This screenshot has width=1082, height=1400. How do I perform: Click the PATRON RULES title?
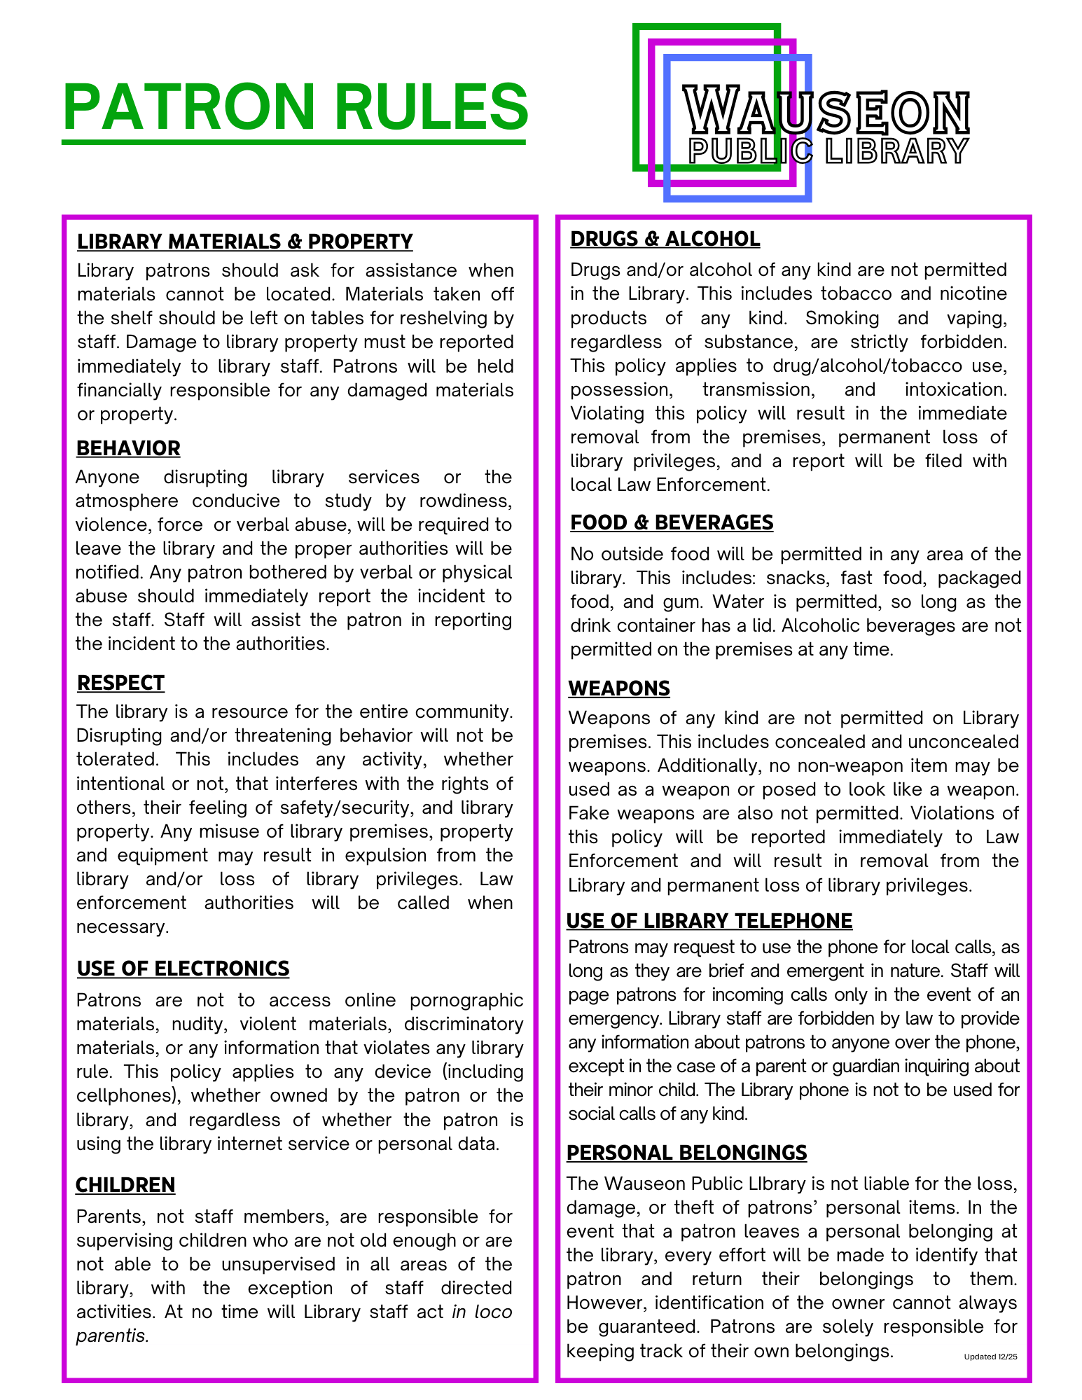coord(295,107)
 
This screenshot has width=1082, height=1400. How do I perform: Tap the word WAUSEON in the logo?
coord(826,111)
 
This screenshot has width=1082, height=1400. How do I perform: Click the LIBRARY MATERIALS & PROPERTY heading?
coord(244,242)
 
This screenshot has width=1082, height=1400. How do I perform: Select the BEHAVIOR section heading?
coord(128,448)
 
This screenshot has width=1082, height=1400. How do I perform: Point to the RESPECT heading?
coord(120,683)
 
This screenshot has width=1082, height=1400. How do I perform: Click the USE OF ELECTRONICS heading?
coord(183,969)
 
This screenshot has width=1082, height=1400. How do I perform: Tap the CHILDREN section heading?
coord(125,1185)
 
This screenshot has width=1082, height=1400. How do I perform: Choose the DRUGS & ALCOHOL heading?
coord(665,239)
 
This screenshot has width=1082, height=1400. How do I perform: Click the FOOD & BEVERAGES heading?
coord(671,522)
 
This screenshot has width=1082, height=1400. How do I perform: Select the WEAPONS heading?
coord(619,688)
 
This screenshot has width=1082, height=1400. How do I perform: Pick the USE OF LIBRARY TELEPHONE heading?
coord(709,921)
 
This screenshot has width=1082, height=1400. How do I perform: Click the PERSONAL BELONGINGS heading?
coord(686,1153)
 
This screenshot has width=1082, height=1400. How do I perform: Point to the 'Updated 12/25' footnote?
coord(990,1357)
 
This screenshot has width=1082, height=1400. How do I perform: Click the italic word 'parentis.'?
coord(112,1336)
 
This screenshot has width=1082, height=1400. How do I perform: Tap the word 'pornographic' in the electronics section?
coord(466,1000)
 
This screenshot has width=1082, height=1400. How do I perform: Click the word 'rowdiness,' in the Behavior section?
coord(466,501)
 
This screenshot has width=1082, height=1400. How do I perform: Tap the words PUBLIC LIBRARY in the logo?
coord(828,151)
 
